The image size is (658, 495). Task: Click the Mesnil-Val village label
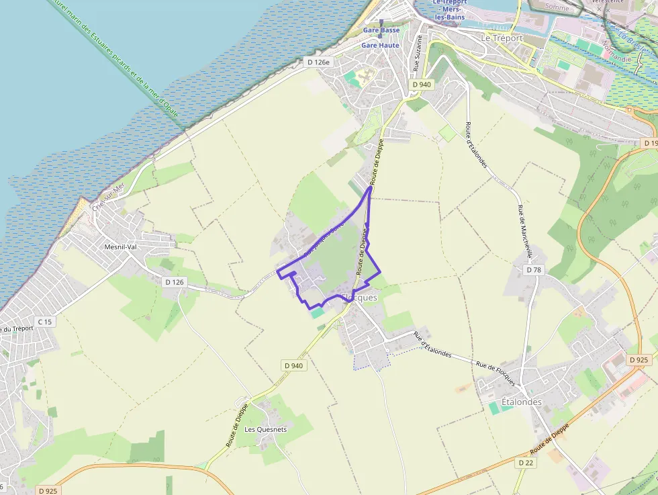click(120, 246)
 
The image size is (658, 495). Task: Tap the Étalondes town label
click(520, 402)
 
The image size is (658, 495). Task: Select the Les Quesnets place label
click(265, 429)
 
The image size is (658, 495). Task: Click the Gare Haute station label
click(380, 45)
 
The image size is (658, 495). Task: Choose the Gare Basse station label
click(381, 30)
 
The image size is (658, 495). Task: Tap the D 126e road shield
click(319, 62)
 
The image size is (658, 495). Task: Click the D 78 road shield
click(534, 269)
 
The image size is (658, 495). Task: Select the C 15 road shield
click(44, 322)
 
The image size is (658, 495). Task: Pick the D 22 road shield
click(526, 463)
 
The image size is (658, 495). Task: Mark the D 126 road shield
click(174, 282)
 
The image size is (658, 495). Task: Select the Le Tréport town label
click(502, 38)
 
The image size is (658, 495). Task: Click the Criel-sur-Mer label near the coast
click(109, 199)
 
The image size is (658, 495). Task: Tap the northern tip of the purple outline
click(371, 188)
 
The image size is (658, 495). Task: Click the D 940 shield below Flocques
click(293, 365)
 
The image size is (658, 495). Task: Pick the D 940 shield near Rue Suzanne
click(422, 85)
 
